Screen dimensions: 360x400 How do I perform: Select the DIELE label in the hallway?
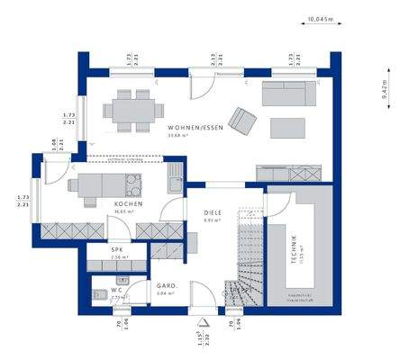click(x=213, y=211)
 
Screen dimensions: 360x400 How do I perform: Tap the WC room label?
click(x=116, y=290)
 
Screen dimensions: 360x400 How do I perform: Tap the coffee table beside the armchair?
click(x=284, y=127)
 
